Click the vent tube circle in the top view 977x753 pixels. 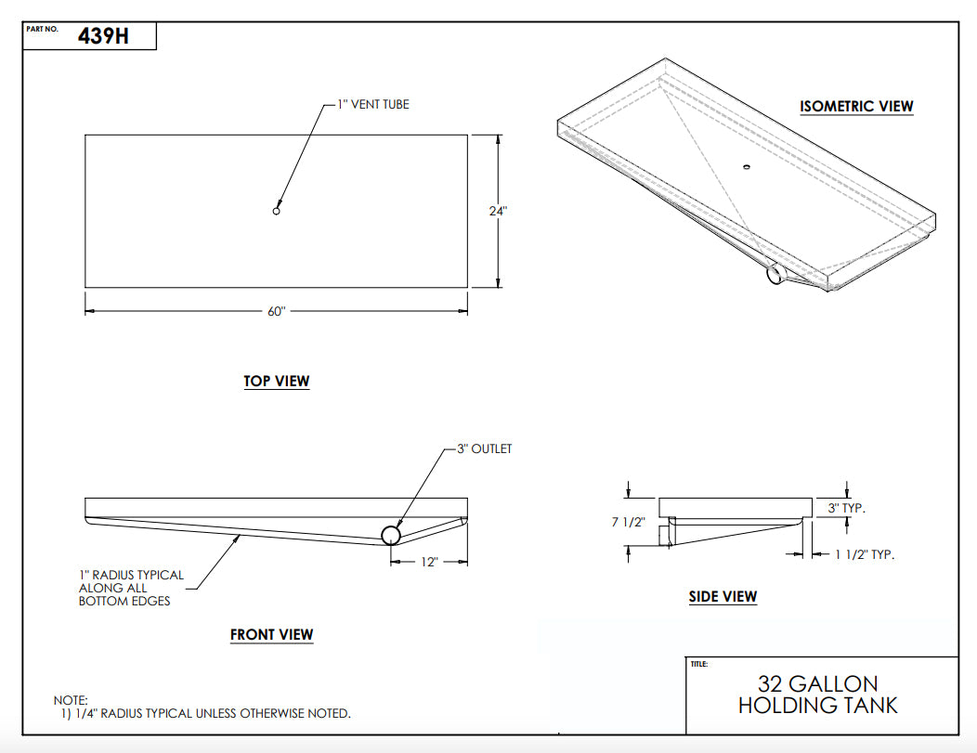coord(276,212)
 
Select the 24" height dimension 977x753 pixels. coord(498,211)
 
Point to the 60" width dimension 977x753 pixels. coord(276,311)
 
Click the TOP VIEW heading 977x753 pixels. coord(277,381)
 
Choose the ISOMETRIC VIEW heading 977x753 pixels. coord(856,106)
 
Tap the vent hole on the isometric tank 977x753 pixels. coord(745,167)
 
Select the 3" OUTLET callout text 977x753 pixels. coord(484,448)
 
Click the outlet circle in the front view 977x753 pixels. coord(391,535)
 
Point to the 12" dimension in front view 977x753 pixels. coord(427,562)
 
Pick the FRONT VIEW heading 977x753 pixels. coord(272,635)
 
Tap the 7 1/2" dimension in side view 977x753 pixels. coord(629,522)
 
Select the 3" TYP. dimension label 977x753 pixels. coord(846,508)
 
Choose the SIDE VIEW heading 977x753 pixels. coord(723,596)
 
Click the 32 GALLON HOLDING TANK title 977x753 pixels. coord(817,695)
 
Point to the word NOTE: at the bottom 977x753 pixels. coord(72,699)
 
